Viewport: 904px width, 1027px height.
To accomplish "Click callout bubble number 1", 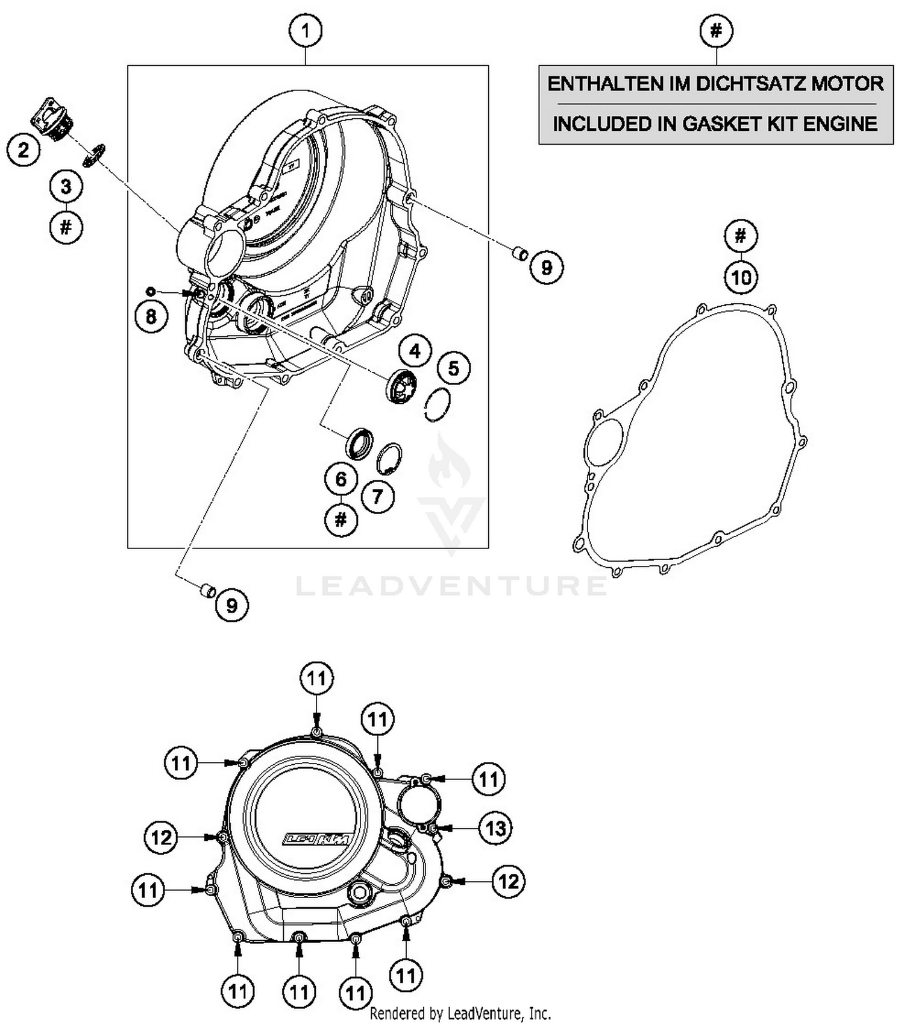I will (x=306, y=30).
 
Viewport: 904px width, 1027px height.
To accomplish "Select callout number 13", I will (x=495, y=829).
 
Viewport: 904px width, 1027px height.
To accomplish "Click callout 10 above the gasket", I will (x=741, y=277).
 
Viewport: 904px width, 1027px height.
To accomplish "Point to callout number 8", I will (x=151, y=316).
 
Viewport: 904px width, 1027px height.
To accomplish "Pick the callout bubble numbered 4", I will (x=415, y=351).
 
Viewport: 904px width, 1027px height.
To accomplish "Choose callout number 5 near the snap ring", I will (x=454, y=368).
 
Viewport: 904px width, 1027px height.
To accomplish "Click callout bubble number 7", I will (x=378, y=497).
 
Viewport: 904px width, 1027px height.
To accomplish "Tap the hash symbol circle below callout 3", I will (x=66, y=227).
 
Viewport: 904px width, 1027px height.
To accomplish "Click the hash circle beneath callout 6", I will (x=341, y=519).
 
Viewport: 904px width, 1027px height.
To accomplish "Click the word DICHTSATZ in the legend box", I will (x=750, y=84).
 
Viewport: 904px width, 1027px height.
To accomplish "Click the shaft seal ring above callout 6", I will (x=359, y=443).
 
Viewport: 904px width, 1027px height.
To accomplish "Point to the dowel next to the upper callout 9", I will (x=519, y=254).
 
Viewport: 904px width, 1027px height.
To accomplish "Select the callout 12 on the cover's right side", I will (x=509, y=881).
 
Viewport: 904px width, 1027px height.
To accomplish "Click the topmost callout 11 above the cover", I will (x=317, y=679).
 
